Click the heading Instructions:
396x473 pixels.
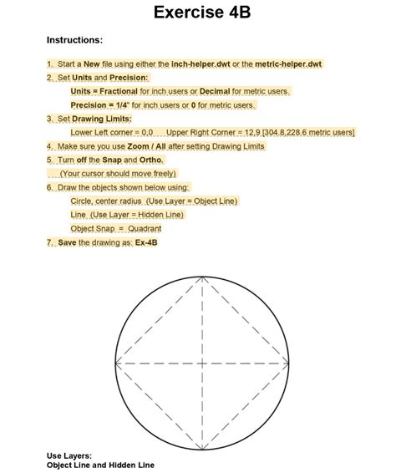coord(74,40)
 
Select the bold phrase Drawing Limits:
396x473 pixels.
coord(105,119)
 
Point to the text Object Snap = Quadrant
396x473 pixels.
coord(116,228)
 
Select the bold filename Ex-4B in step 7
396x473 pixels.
coord(146,242)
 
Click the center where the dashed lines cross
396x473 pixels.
coord(202,364)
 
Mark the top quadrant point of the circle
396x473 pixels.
coord(202,275)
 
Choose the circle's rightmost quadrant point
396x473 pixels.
coord(291,364)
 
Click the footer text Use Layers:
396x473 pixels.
coord(69,455)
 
